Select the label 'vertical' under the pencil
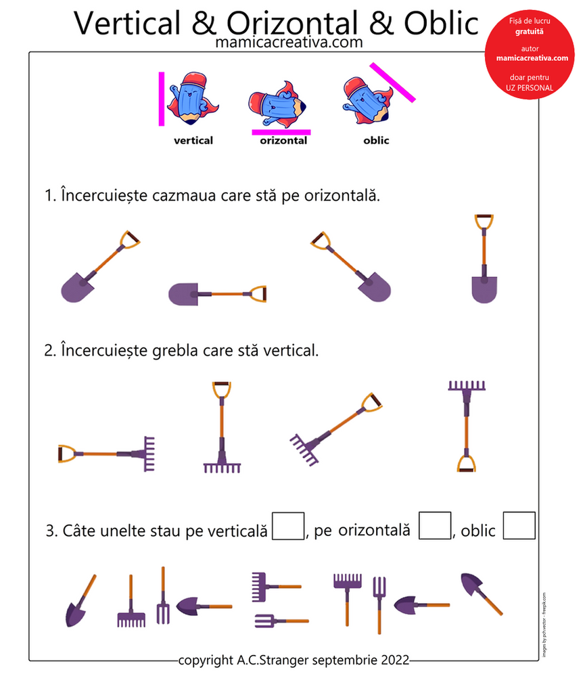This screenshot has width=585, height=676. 193,141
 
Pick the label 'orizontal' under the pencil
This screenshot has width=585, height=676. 283,141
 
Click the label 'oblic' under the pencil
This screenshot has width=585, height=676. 376,141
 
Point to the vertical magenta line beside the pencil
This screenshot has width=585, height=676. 162,99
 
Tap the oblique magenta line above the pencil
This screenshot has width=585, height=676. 392,82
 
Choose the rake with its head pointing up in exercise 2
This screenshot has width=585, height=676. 467,425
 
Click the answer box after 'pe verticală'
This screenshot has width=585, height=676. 287,526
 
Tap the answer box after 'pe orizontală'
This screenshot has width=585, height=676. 434,526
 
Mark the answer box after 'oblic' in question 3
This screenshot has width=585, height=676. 519,526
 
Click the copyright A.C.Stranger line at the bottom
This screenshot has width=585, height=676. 294,660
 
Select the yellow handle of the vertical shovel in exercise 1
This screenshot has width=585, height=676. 484,222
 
